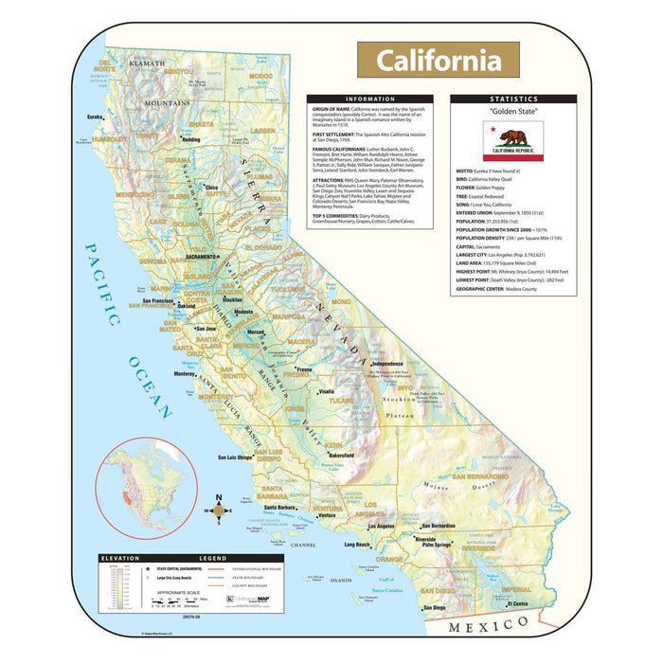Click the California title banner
[x=438, y=60]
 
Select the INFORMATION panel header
[x=371, y=99]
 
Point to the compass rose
[x=219, y=510]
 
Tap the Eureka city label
[x=95, y=116]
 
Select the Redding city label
[x=191, y=140]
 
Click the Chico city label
[x=211, y=188]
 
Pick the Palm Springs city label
[x=437, y=545]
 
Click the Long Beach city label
[x=357, y=546]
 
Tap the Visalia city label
[x=326, y=391]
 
